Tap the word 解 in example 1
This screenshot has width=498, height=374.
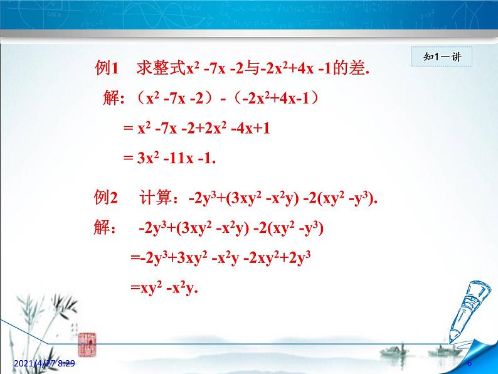coord(112,99)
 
